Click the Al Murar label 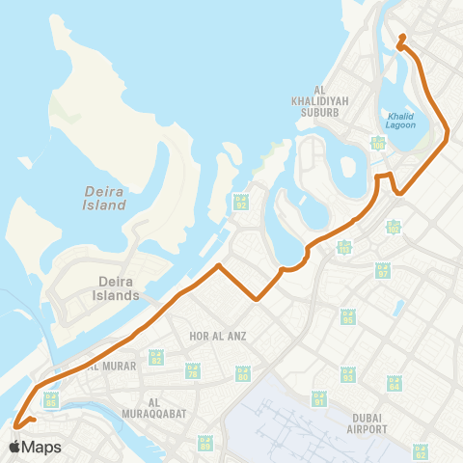pos(107,367)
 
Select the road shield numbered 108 pos(379,143)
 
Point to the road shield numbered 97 pos(382,270)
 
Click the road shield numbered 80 pos(243,374)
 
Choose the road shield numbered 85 pos(51,397)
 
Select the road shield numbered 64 pos(394,383)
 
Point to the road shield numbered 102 pos(393,227)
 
